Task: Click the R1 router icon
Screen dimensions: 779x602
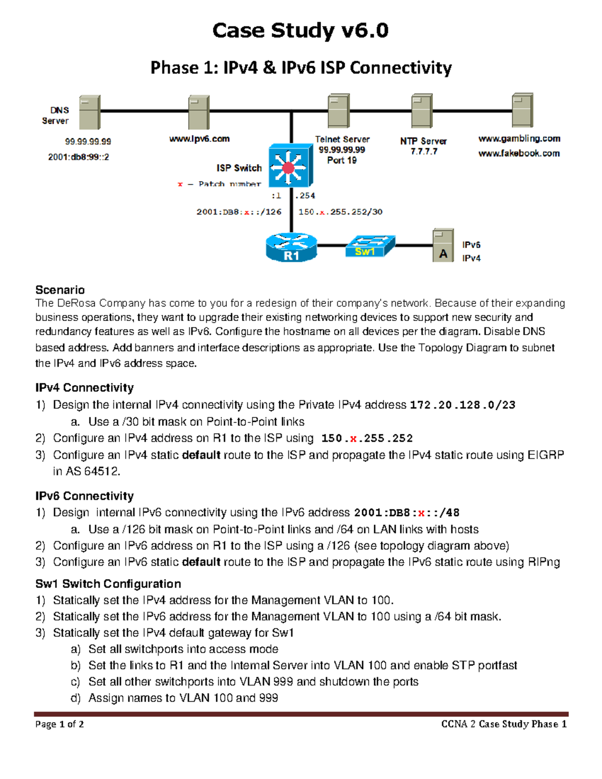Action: point(291,247)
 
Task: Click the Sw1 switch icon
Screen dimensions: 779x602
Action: point(370,246)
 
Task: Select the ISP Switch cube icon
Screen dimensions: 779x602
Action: point(290,166)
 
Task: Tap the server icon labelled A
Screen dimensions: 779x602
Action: point(443,246)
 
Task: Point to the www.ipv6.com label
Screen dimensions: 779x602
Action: point(199,139)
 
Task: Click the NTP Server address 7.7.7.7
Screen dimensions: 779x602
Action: point(424,151)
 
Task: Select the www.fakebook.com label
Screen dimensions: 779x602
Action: point(519,153)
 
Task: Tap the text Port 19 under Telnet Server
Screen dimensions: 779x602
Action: point(342,161)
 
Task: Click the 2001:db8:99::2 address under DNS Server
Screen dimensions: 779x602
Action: point(78,157)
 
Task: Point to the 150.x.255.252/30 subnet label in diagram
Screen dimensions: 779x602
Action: point(340,212)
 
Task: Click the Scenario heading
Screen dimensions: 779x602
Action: point(60,290)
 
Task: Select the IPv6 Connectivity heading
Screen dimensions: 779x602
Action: point(84,496)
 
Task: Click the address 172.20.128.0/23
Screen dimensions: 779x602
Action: point(462,405)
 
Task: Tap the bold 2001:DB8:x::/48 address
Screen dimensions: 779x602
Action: point(406,513)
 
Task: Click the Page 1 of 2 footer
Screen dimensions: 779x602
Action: point(59,724)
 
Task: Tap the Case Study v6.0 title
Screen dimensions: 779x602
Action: point(300,31)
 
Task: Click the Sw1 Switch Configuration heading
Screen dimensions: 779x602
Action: point(108,584)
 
